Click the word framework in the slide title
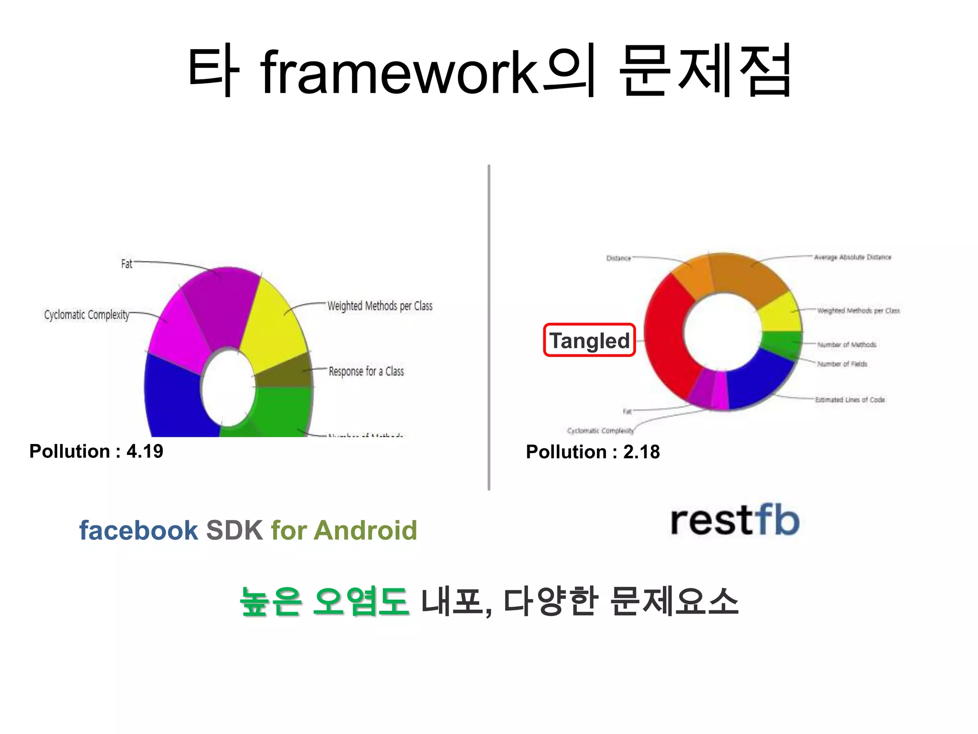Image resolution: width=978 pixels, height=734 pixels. [x=400, y=73]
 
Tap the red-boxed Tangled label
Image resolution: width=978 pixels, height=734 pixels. [x=589, y=340]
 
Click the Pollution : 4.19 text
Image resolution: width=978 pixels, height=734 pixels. [x=96, y=451]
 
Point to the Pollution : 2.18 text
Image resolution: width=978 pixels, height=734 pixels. [x=593, y=452]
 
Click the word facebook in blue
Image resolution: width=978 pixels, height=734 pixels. [x=138, y=530]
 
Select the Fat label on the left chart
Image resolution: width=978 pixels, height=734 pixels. [x=127, y=264]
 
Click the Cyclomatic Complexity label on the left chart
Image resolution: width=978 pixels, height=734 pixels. [x=86, y=315]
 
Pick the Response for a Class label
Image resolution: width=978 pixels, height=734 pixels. [x=366, y=371]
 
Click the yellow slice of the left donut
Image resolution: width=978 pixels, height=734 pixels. [x=272, y=325]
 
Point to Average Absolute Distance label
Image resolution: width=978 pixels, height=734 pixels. [x=852, y=257]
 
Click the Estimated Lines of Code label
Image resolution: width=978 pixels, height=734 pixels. [x=850, y=399]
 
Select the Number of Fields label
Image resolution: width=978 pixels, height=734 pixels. [x=842, y=364]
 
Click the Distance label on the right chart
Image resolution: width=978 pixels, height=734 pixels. [x=618, y=258]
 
